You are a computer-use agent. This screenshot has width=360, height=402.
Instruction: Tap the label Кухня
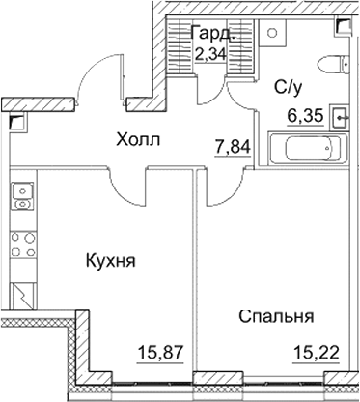point(108,261)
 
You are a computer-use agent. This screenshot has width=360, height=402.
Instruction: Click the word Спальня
point(276,316)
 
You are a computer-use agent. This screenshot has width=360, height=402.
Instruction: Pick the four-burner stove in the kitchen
point(20,245)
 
